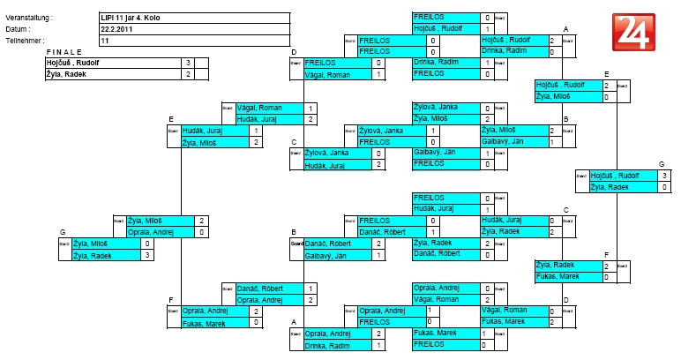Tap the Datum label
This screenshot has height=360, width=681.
pyautogui.click(x=19, y=29)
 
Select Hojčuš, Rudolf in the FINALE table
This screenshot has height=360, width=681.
pyautogui.click(x=74, y=63)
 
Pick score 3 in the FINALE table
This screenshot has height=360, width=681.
pyautogui.click(x=189, y=63)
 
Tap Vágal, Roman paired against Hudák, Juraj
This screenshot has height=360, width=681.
pyautogui.click(x=257, y=108)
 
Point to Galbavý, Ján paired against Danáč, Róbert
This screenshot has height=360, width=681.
pyautogui.click(x=325, y=255)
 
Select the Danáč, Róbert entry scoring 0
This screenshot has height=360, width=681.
pyautogui.click(x=438, y=254)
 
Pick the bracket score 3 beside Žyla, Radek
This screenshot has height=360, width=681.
pyautogui.click(x=147, y=255)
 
